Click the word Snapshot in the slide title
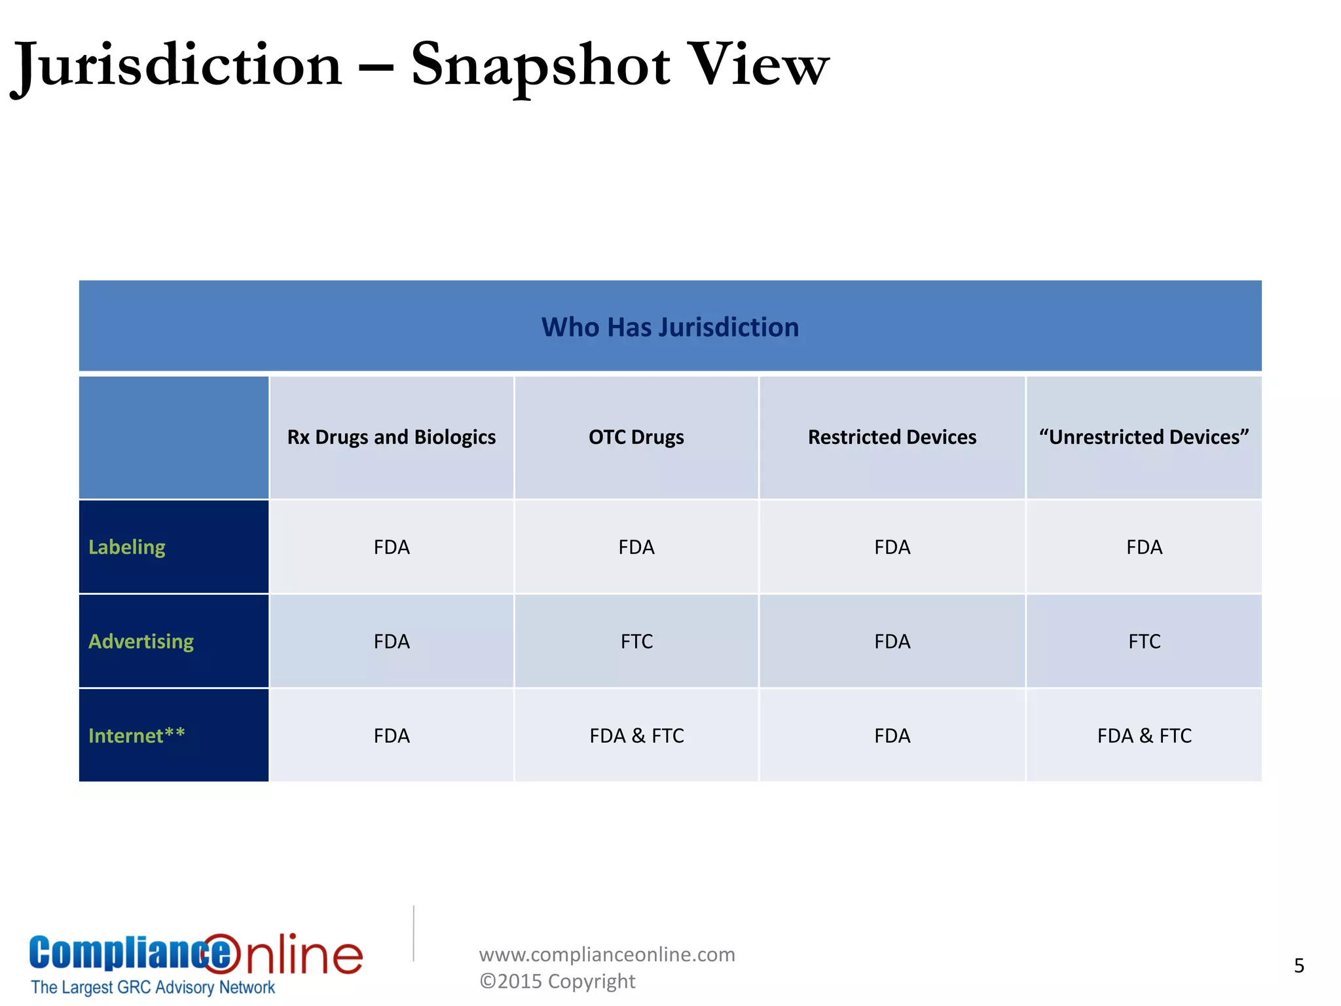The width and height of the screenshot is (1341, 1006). pyautogui.click(x=540, y=65)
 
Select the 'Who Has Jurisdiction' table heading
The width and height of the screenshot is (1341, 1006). pyautogui.click(x=670, y=327)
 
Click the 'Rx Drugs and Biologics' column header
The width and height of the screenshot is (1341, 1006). pyautogui.click(x=391, y=437)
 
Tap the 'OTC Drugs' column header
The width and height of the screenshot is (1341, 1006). pyautogui.click(x=636, y=437)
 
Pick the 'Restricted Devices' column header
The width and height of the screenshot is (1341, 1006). pyautogui.click(x=892, y=437)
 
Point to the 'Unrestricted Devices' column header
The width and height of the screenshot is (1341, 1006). pyautogui.click(x=1143, y=437)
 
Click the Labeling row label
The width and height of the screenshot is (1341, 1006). pyautogui.click(x=127, y=547)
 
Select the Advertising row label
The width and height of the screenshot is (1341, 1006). pyautogui.click(x=141, y=641)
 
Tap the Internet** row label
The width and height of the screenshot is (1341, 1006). pyautogui.click(x=137, y=736)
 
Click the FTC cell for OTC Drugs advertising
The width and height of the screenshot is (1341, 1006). pyautogui.click(x=636, y=641)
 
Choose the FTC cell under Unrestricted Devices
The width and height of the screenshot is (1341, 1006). pyautogui.click(x=1144, y=641)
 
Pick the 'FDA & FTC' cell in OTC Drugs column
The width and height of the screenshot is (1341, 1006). pyautogui.click(x=636, y=736)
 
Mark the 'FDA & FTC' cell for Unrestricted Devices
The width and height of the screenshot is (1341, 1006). pyautogui.click(x=1144, y=736)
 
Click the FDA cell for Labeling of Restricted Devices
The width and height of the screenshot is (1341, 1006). pyautogui.click(x=892, y=547)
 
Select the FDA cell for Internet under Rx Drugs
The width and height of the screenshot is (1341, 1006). pyautogui.click(x=392, y=736)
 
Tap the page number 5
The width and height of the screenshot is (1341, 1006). pyautogui.click(x=1299, y=966)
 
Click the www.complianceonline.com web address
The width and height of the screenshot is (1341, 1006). pyautogui.click(x=607, y=954)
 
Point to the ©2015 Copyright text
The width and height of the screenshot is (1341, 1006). pyautogui.click(x=557, y=981)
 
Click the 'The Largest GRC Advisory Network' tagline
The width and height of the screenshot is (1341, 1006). pyautogui.click(x=153, y=987)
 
